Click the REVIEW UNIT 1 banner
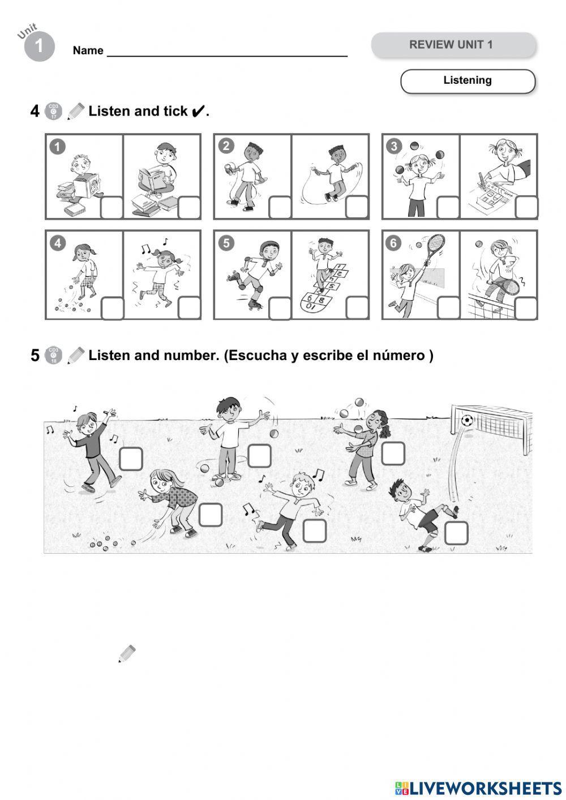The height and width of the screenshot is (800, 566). coord(453,45)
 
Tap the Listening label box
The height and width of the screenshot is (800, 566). coord(468,81)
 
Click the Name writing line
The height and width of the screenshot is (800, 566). coord(226,55)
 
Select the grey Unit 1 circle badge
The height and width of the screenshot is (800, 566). coord(39,46)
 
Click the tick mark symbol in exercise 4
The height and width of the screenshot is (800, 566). coord(197,112)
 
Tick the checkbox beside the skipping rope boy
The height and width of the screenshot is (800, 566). coord(357,207)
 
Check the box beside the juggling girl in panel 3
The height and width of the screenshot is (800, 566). coord(448,207)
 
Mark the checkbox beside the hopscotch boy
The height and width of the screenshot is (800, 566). coord(357,308)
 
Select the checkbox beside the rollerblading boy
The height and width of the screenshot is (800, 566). coord(280,308)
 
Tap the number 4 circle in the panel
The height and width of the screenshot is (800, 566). coord(57,243)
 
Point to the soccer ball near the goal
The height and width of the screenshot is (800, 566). coord(467,420)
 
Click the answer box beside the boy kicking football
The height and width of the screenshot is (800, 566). coord(456,533)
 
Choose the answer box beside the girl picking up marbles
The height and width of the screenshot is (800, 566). coord(210,514)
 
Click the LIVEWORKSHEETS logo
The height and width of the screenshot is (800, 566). coord(478,788)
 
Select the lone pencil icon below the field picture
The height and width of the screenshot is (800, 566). coord(127,653)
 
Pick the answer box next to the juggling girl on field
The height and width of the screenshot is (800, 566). coord(393,453)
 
